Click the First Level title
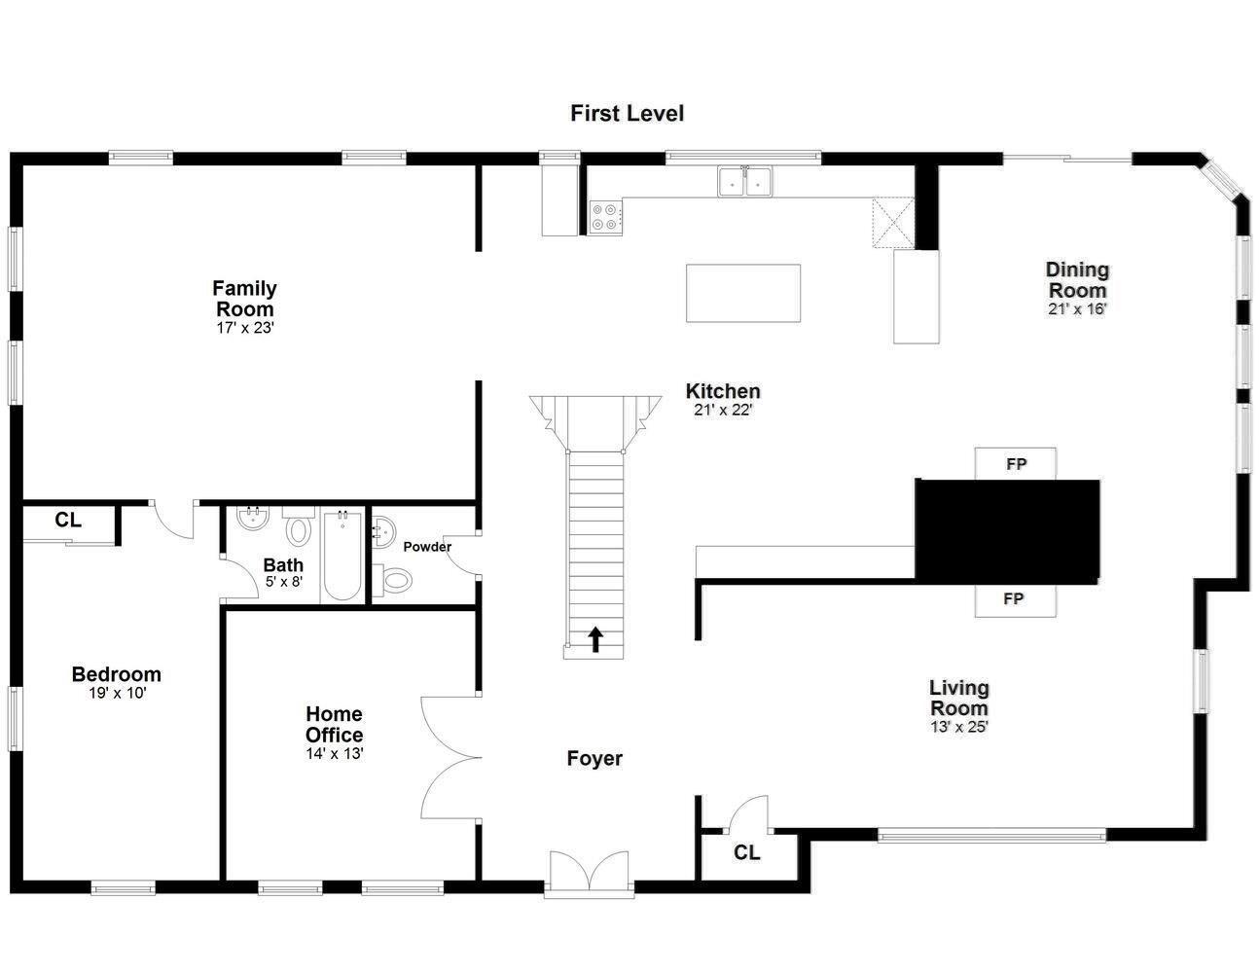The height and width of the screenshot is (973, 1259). click(x=627, y=113)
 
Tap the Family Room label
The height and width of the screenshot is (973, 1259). click(x=244, y=299)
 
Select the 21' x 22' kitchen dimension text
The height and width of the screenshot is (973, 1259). click(x=723, y=410)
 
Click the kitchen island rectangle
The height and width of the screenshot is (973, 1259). click(x=743, y=293)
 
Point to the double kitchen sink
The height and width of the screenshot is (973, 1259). click(x=744, y=181)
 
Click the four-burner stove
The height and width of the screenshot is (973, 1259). click(x=605, y=217)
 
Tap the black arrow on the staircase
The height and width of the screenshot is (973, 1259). click(x=595, y=639)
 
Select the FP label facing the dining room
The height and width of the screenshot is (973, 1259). click(x=1016, y=464)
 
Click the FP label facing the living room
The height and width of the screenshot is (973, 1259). click(x=1014, y=598)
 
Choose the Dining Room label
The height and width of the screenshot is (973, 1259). click(x=1077, y=280)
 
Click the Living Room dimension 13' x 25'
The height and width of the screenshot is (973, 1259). click(x=959, y=727)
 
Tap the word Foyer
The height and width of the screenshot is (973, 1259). click(x=594, y=759)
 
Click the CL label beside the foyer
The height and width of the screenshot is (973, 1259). click(x=746, y=852)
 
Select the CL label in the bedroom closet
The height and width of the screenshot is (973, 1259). click(x=68, y=521)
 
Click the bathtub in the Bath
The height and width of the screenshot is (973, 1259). click(x=342, y=556)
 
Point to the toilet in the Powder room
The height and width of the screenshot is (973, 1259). click(x=393, y=580)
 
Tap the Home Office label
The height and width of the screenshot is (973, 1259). click(x=335, y=725)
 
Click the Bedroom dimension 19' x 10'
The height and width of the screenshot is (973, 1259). click(x=117, y=693)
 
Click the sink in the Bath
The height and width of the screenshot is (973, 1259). click(x=253, y=518)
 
